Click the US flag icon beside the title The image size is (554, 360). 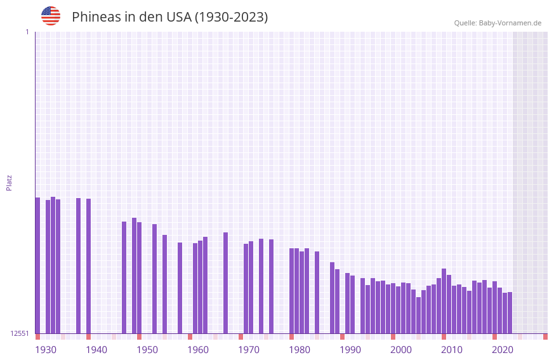[51, 16]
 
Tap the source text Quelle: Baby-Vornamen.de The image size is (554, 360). [498, 23]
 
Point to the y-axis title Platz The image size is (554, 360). [9, 182]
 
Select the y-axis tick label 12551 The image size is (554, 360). [20, 333]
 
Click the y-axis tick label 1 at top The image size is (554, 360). [27, 32]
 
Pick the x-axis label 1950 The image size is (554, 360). [147, 350]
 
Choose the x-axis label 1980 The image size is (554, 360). [300, 350]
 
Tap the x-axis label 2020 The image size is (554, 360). [503, 350]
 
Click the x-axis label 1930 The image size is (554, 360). [46, 350]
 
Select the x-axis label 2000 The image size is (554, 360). [401, 350]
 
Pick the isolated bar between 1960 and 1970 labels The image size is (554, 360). [225, 283]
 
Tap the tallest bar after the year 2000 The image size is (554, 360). [444, 301]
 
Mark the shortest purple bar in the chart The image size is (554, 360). [418, 315]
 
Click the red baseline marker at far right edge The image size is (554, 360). [545, 337]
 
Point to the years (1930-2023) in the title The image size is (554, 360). [231, 17]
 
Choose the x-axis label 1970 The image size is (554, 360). [249, 350]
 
